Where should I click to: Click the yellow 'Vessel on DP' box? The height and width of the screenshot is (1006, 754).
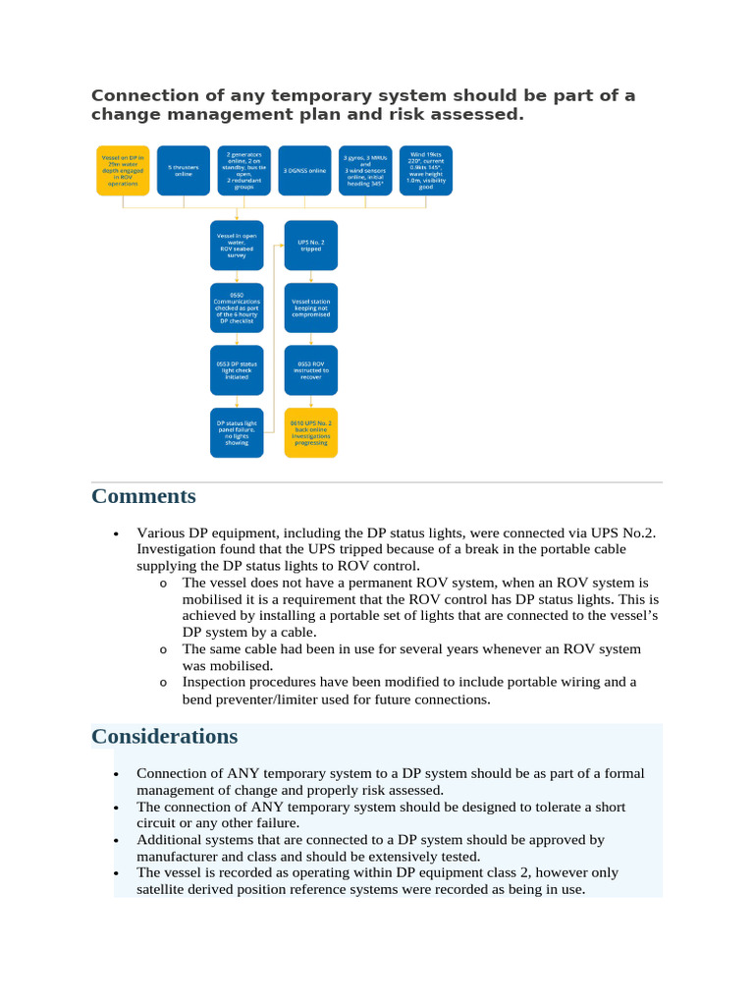coord(123,169)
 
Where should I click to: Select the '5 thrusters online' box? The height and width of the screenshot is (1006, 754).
coord(184,169)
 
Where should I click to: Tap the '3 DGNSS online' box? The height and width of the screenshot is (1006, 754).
coord(305,169)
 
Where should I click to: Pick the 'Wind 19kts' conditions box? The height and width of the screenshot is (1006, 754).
coord(426,169)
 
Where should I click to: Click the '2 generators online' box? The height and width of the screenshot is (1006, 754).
coord(243,169)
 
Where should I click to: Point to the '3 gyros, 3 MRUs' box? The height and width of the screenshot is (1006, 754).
coord(365,169)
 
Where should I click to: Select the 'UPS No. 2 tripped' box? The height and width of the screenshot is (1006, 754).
coord(311,246)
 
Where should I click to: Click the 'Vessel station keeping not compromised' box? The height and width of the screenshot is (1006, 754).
coord(311,307)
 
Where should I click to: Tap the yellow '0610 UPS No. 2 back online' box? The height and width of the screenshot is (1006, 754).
coord(311,431)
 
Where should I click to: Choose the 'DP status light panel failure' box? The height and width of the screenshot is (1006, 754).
coord(237,431)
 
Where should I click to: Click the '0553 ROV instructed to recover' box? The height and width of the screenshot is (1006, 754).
coord(311,369)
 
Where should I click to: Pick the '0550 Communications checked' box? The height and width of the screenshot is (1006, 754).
coord(237,307)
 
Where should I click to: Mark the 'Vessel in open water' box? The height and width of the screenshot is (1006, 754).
coord(237,246)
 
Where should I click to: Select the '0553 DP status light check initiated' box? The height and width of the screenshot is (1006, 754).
coord(237,369)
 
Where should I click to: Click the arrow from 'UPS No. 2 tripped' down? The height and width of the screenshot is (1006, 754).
coord(311,277)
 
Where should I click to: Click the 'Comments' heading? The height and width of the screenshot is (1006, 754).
coord(143,496)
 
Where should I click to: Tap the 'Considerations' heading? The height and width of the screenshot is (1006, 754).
coord(165,736)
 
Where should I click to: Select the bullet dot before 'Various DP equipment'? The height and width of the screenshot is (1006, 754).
coord(117,533)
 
